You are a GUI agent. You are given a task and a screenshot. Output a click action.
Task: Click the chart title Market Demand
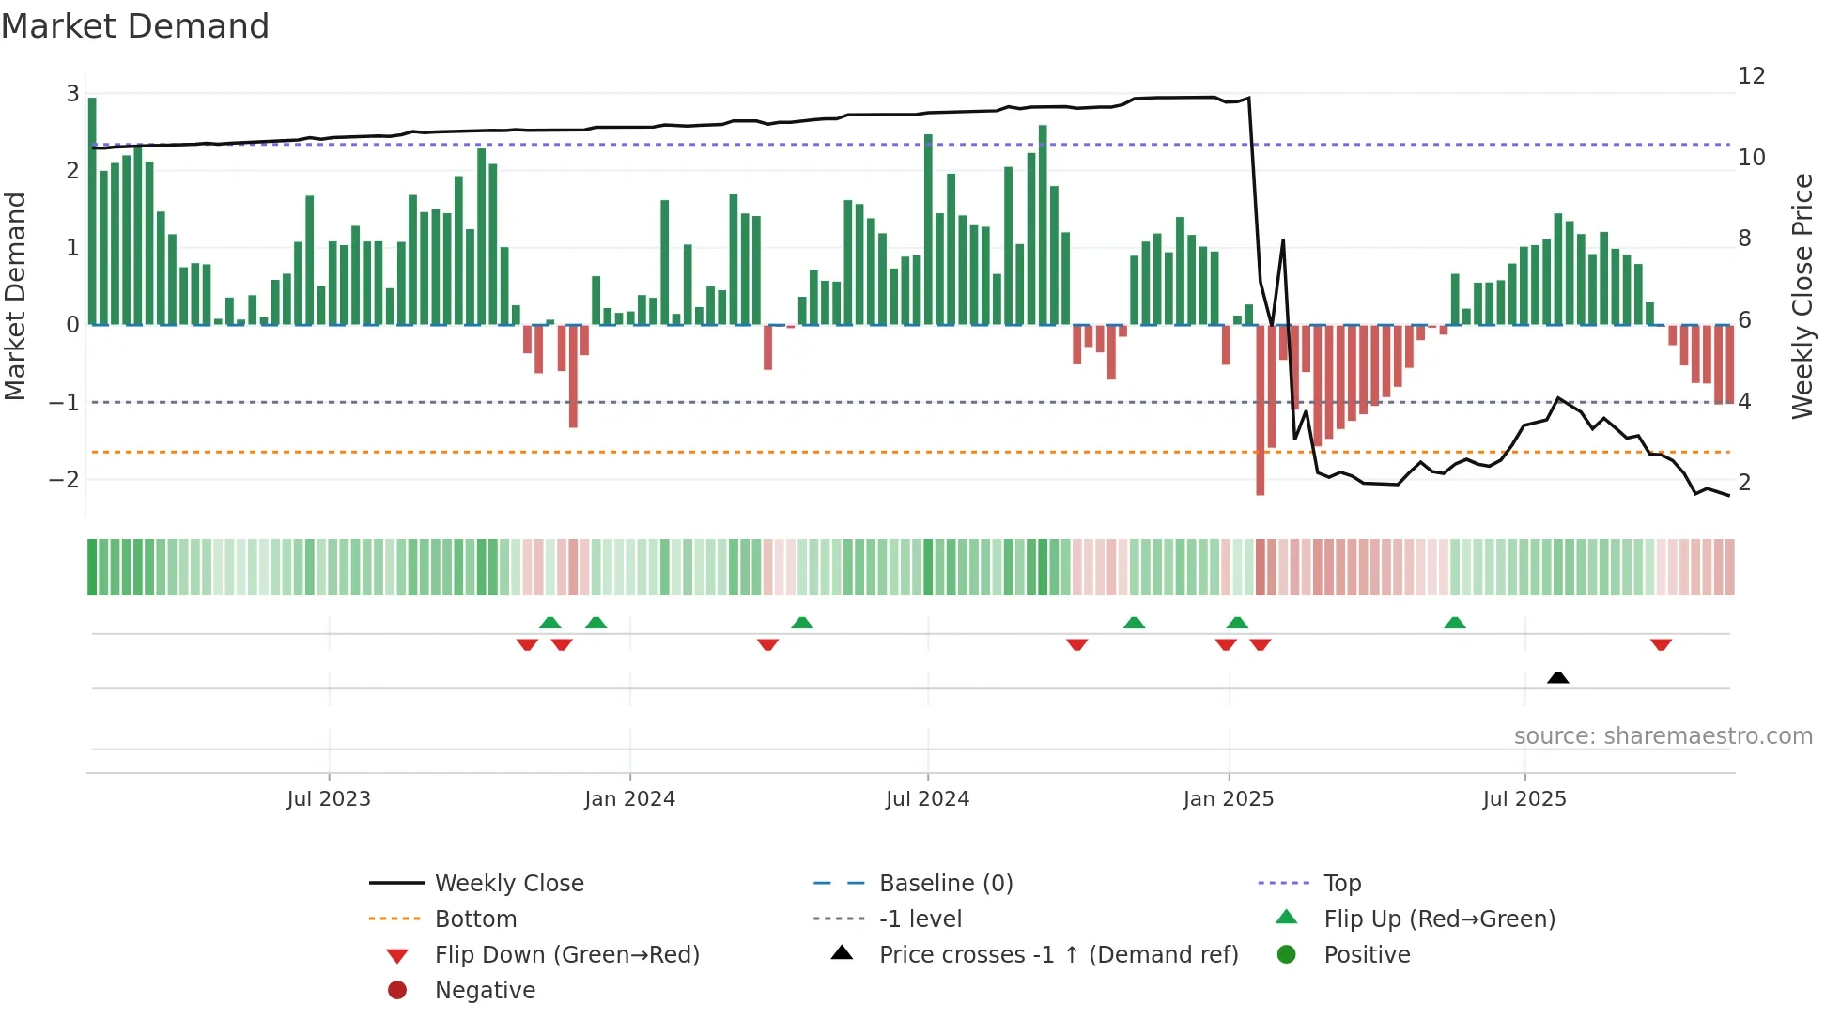coord(135,26)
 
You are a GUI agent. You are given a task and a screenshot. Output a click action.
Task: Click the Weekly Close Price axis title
coord(1802,296)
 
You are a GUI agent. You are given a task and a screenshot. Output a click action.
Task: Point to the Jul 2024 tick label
coord(927,799)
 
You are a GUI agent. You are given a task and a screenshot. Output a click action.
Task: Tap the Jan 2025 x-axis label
coord(1228,799)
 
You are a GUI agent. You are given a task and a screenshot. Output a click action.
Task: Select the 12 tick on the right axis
coord(1751,76)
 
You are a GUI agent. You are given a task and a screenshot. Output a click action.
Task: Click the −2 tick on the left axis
coord(64,480)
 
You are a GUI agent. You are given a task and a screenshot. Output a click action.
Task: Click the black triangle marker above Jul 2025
coord(1557,677)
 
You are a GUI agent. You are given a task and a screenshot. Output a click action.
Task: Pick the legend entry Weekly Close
coord(508,884)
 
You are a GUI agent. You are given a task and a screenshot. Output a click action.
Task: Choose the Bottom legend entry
coord(475,919)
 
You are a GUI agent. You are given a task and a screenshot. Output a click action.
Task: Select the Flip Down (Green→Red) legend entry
coord(566,955)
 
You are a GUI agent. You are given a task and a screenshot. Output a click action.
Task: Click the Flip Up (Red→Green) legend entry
coord(1439,919)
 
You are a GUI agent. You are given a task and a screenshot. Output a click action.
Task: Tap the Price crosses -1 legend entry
coord(1058,955)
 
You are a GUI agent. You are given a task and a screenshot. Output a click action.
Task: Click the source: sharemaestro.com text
coord(1663,736)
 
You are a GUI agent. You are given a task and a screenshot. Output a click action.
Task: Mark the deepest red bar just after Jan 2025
coord(1260,409)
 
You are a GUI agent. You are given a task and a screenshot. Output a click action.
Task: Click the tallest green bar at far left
coord(92,211)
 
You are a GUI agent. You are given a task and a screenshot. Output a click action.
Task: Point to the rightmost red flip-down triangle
coord(1661,645)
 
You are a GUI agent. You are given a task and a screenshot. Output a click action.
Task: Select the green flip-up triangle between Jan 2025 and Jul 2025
coord(1454,623)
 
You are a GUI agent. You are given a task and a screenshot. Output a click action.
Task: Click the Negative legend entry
coord(485,991)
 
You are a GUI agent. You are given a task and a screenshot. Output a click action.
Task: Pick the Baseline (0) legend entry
coord(945,884)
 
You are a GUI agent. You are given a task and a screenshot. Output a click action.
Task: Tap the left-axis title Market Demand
coord(16,296)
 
